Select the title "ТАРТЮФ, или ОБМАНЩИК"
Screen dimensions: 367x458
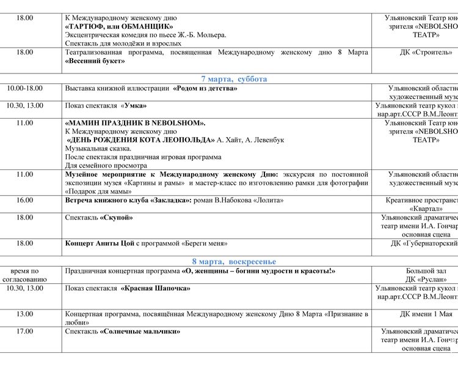coord(119,26)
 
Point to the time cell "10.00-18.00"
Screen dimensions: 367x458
coord(25,89)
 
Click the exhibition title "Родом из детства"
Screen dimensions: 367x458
coord(205,89)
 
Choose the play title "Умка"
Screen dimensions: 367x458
coord(134,106)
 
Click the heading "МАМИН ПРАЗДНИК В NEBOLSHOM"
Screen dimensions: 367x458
coord(135,123)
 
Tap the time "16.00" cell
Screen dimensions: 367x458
coord(25,200)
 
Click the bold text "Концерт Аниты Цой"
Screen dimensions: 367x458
coord(100,243)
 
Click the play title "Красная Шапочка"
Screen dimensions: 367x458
coord(156,288)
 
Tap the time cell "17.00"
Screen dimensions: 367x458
coord(25,332)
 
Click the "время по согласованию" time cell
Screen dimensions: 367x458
coord(25,275)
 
